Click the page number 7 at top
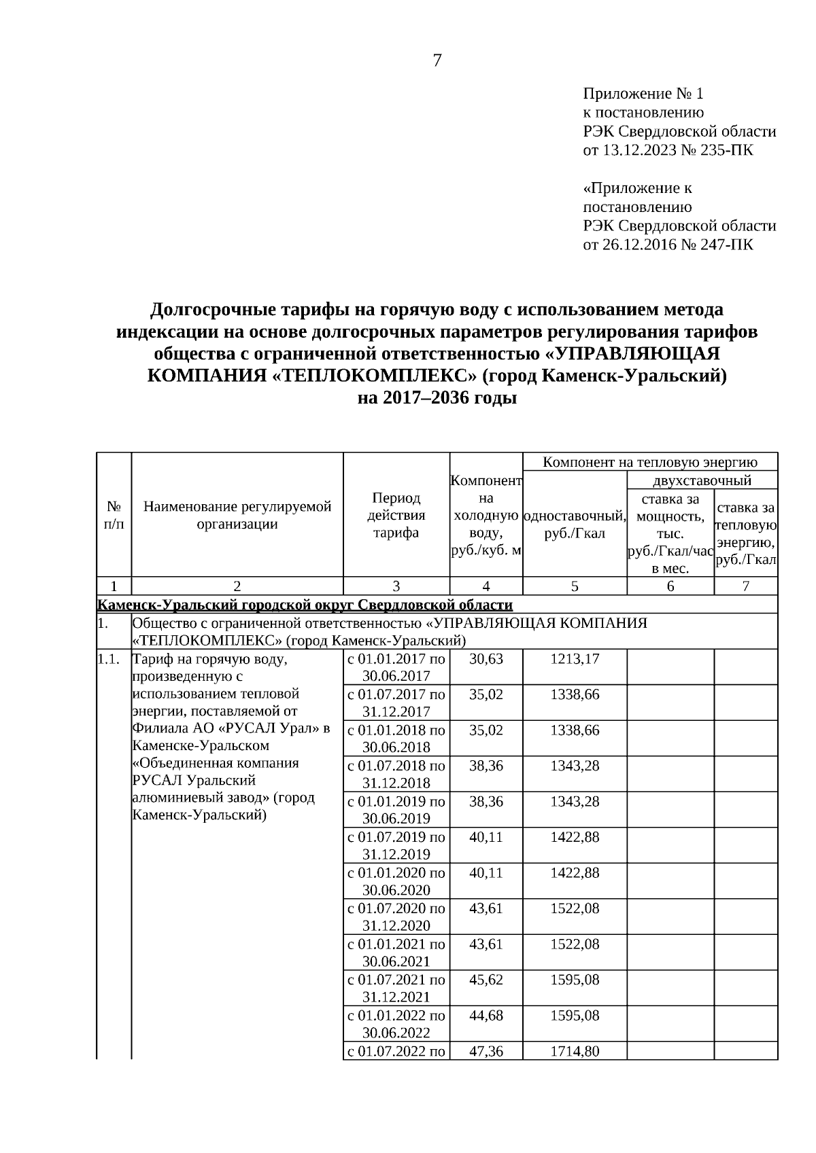tap(437, 61)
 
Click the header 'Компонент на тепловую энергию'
tap(650, 463)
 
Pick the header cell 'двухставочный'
tap(702, 481)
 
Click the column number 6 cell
tap(670, 586)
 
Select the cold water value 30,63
tap(486, 659)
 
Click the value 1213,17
tap(575, 659)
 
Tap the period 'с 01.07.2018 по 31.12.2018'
tap(396, 774)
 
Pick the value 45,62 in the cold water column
tap(486, 980)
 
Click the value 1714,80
tap(575, 1051)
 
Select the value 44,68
tap(486, 1016)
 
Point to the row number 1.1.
tap(109, 659)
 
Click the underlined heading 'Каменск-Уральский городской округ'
tap(305, 605)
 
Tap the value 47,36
tap(486, 1051)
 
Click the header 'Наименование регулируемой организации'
tap(237, 515)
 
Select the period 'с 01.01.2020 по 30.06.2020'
tap(396, 881)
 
